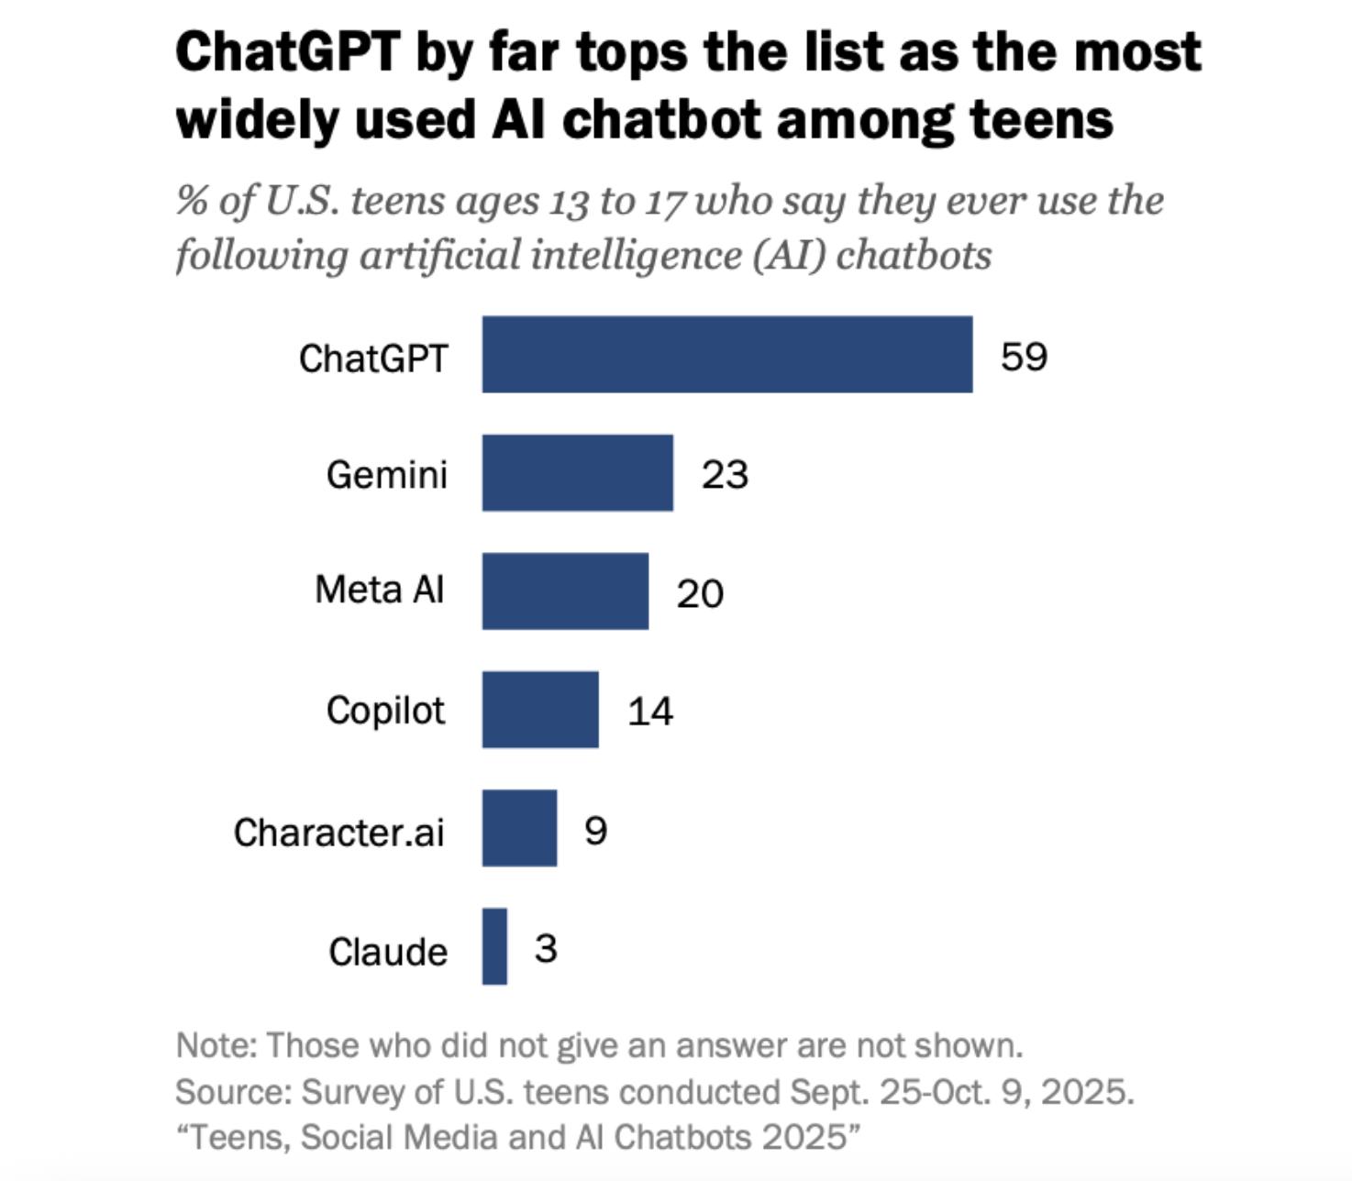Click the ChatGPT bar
point(726,355)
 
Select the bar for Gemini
point(577,473)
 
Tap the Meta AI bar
point(565,591)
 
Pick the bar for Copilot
point(540,710)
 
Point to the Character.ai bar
point(519,828)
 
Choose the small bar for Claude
point(494,946)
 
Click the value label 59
point(1024,357)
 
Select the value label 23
point(725,475)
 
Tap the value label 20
point(700,594)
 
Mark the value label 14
point(650,712)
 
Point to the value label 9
point(595,831)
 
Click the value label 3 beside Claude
point(546,948)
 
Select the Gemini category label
point(386,475)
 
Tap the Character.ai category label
point(338,833)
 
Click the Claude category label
point(388,952)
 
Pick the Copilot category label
point(385,711)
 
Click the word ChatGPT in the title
point(288,52)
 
